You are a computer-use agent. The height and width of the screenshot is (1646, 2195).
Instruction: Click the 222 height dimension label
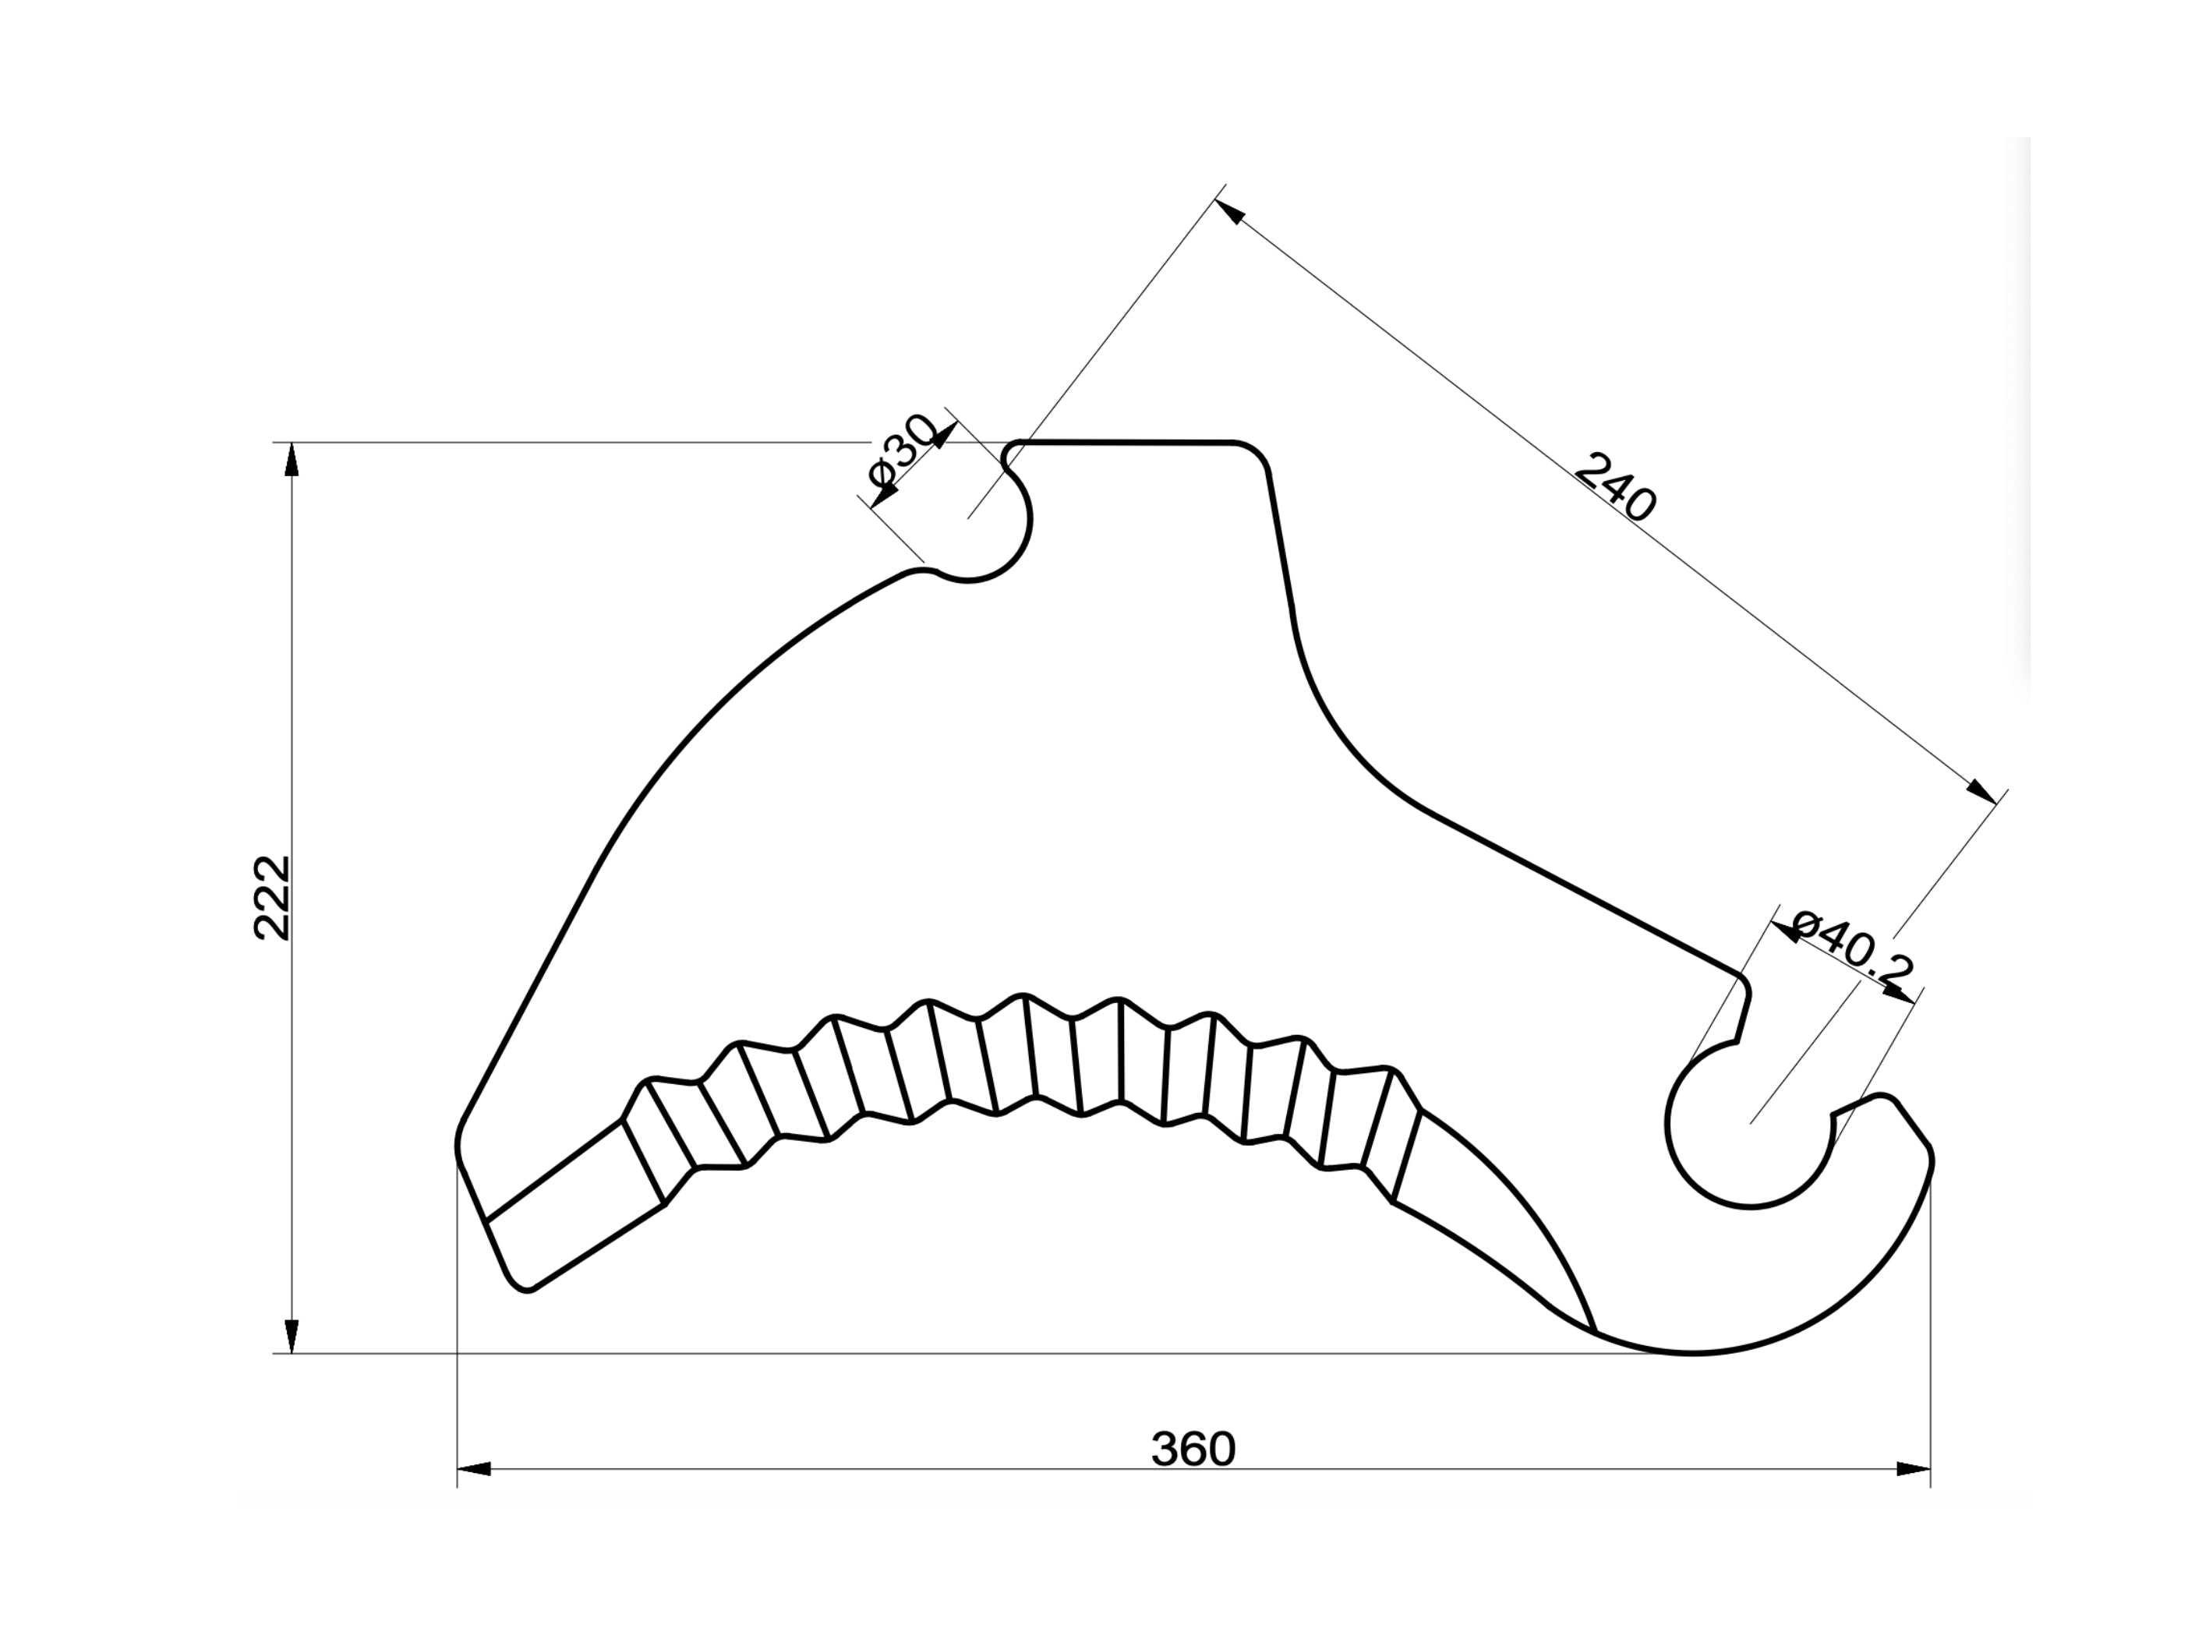272,897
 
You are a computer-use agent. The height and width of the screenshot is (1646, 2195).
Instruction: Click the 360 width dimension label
1193,1450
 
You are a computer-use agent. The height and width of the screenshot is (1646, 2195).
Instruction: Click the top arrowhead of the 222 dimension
291,461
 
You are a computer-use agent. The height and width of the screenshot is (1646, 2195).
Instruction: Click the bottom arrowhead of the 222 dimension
291,1336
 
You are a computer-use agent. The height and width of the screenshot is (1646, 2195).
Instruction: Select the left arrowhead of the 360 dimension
475,1468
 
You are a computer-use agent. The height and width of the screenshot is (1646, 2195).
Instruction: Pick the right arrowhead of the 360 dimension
1913,1468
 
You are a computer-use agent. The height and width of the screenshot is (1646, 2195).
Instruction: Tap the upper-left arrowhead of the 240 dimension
1231,211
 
